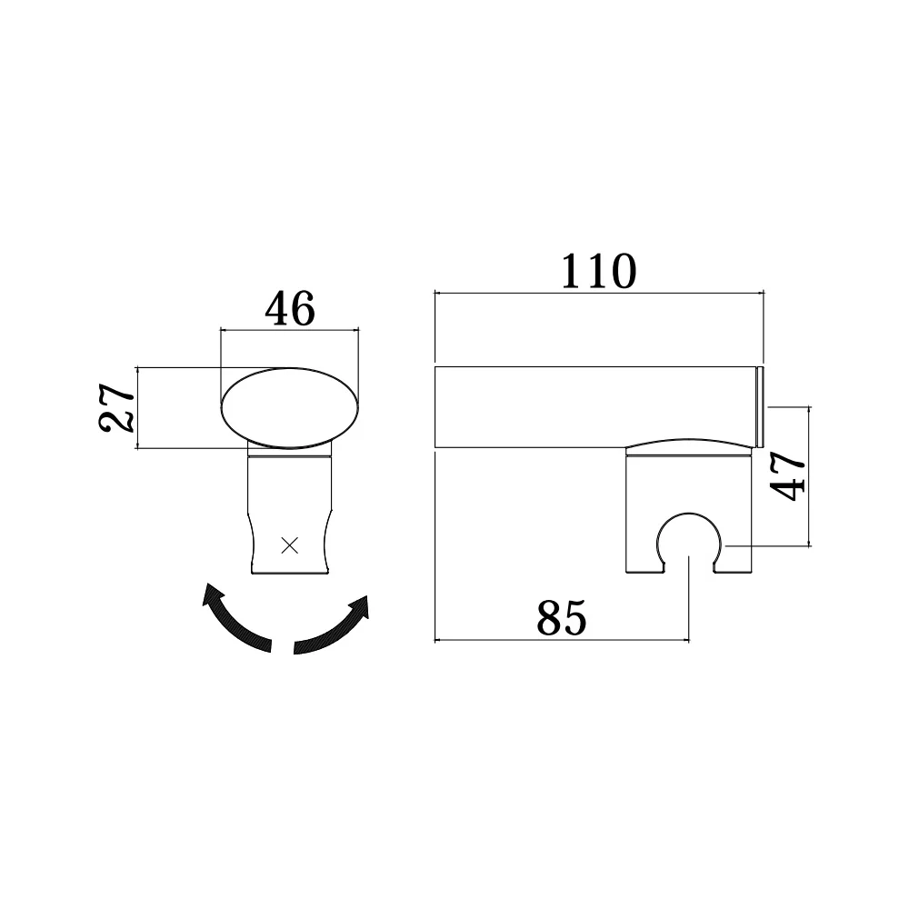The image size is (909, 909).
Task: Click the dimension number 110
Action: coord(599,271)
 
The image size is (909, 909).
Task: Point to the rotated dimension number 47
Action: coord(787,475)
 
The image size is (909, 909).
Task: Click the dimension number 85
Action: coord(561,618)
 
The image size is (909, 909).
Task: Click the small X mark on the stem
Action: coord(289,544)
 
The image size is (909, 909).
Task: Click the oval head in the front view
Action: coord(290,407)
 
